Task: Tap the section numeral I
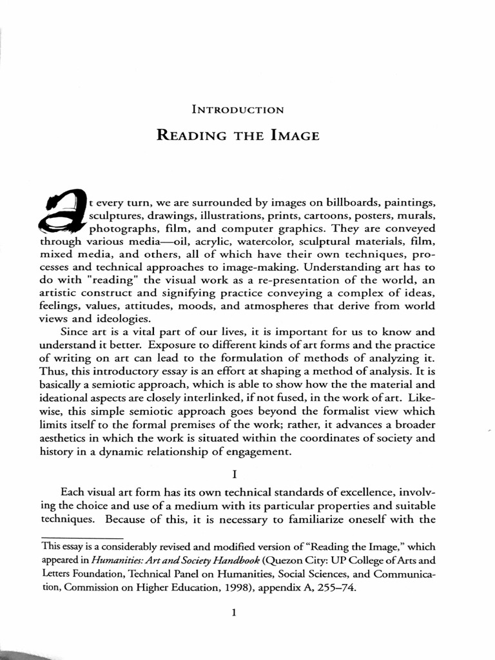coord(235,474)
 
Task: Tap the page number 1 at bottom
coord(235,614)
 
